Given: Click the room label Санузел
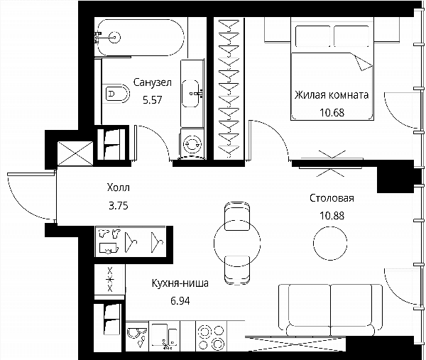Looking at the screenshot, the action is pyautogui.click(x=152, y=82).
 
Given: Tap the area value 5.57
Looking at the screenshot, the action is pyautogui.click(x=152, y=100).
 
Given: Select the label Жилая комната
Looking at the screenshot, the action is pyautogui.click(x=332, y=95).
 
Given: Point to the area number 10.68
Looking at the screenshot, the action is pyautogui.click(x=332, y=112).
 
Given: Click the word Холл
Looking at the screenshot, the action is pyautogui.click(x=118, y=187).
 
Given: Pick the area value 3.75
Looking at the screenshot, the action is pyautogui.click(x=118, y=206).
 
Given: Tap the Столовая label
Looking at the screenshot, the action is pyautogui.click(x=332, y=198).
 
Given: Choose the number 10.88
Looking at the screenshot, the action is pyautogui.click(x=332, y=216).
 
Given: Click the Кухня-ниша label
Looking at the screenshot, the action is pyautogui.click(x=180, y=283).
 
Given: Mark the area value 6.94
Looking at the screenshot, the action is pyautogui.click(x=180, y=301).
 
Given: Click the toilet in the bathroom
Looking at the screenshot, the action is pyautogui.click(x=116, y=94).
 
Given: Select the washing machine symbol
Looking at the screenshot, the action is pyautogui.click(x=192, y=144).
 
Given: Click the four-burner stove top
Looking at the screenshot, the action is pyautogui.click(x=211, y=337).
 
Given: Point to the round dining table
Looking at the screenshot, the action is pyautogui.click(x=237, y=243).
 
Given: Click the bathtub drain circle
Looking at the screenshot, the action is pyautogui.click(x=114, y=37).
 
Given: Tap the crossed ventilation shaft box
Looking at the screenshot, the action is pyautogui.click(x=75, y=153).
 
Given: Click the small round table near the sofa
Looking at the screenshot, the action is pyautogui.click(x=330, y=243).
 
